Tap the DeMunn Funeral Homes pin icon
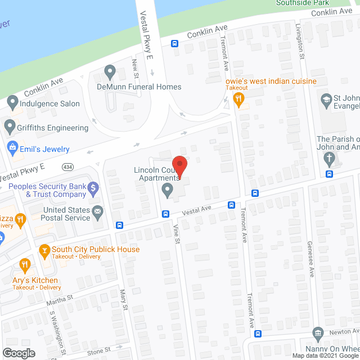click(110, 72)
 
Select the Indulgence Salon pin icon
click(12, 103)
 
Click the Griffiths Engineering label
click(54, 128)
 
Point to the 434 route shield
click(68, 167)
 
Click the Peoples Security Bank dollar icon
click(94, 190)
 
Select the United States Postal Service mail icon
click(98, 213)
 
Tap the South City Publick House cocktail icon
click(44, 249)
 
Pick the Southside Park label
click(302, 3)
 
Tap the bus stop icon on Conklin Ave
click(175, 43)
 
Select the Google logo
click(19, 353)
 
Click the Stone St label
click(98, 352)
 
